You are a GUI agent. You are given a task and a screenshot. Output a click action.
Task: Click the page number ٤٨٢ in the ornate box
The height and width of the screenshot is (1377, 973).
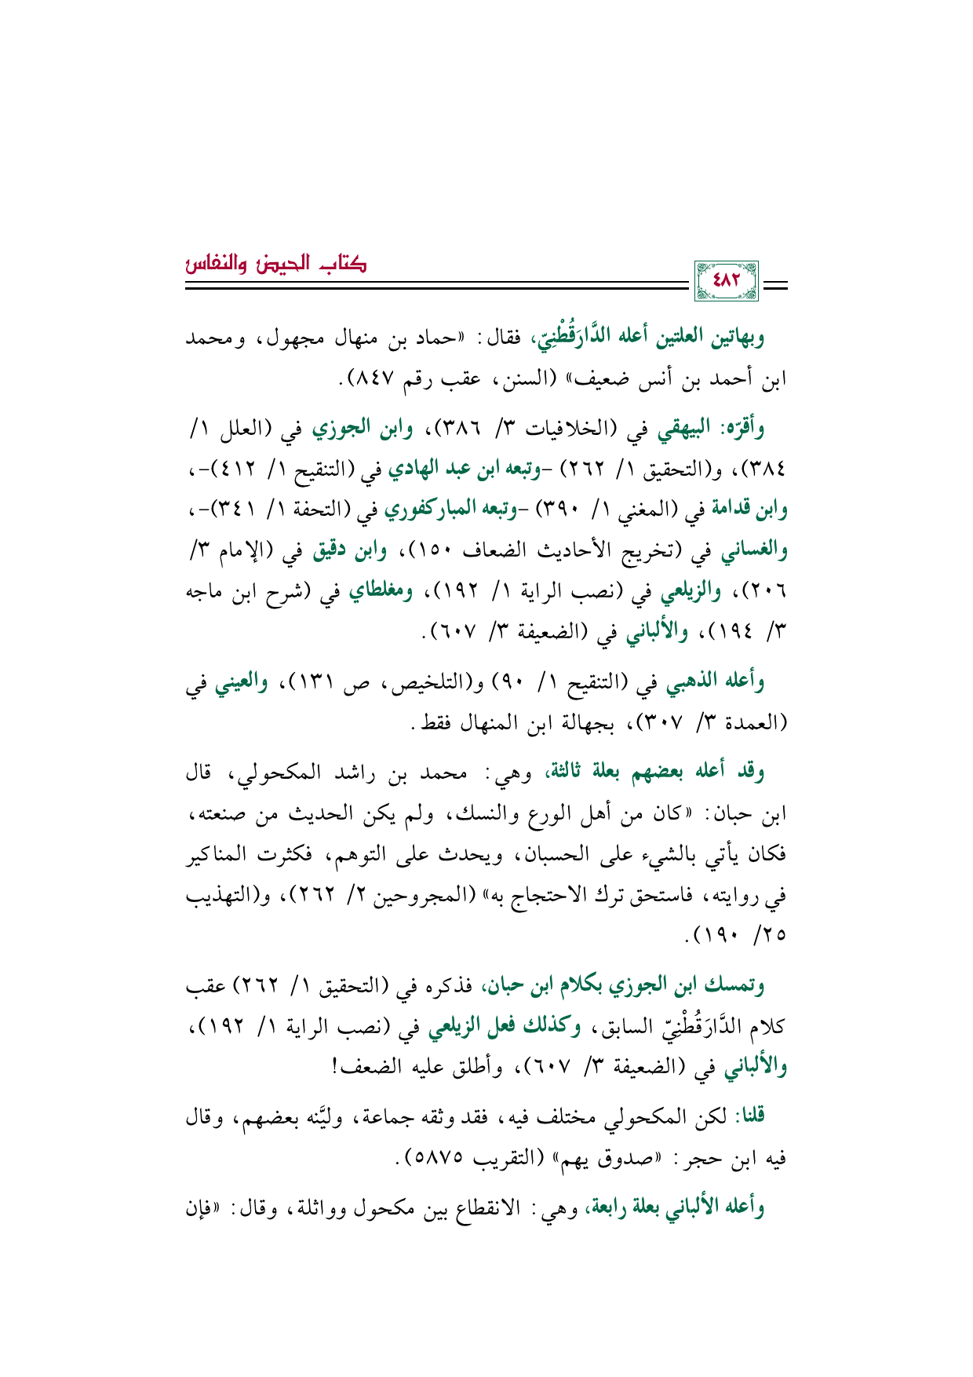pos(726,280)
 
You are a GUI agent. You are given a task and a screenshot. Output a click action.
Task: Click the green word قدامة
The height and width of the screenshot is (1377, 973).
pos(734,509)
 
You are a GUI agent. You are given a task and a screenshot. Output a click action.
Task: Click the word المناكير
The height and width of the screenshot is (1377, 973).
pos(223,853)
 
